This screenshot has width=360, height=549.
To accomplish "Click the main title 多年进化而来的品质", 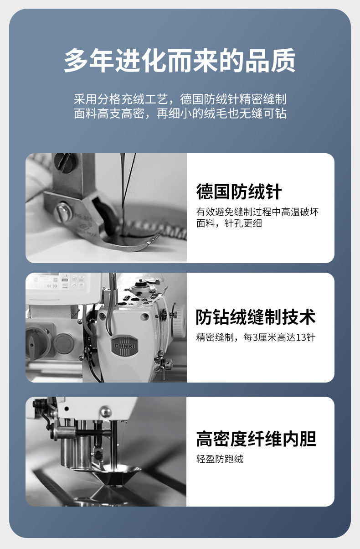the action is (x=180, y=60).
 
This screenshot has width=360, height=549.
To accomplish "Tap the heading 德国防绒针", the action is (x=239, y=192).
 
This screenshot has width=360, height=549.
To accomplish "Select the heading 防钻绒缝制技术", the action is (x=256, y=317).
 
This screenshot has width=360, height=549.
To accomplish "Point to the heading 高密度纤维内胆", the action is (x=256, y=439).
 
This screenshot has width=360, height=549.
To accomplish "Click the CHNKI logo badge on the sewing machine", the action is (x=125, y=346).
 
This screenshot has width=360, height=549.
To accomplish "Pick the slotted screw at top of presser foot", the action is (x=65, y=162).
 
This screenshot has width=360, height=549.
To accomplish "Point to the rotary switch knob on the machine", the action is (x=35, y=341).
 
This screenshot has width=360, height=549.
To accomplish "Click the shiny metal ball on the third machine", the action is (x=106, y=412).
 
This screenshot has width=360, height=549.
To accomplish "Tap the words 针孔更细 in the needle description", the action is (x=243, y=223).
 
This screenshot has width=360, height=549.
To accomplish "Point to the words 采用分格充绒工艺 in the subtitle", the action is (x=121, y=99).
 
